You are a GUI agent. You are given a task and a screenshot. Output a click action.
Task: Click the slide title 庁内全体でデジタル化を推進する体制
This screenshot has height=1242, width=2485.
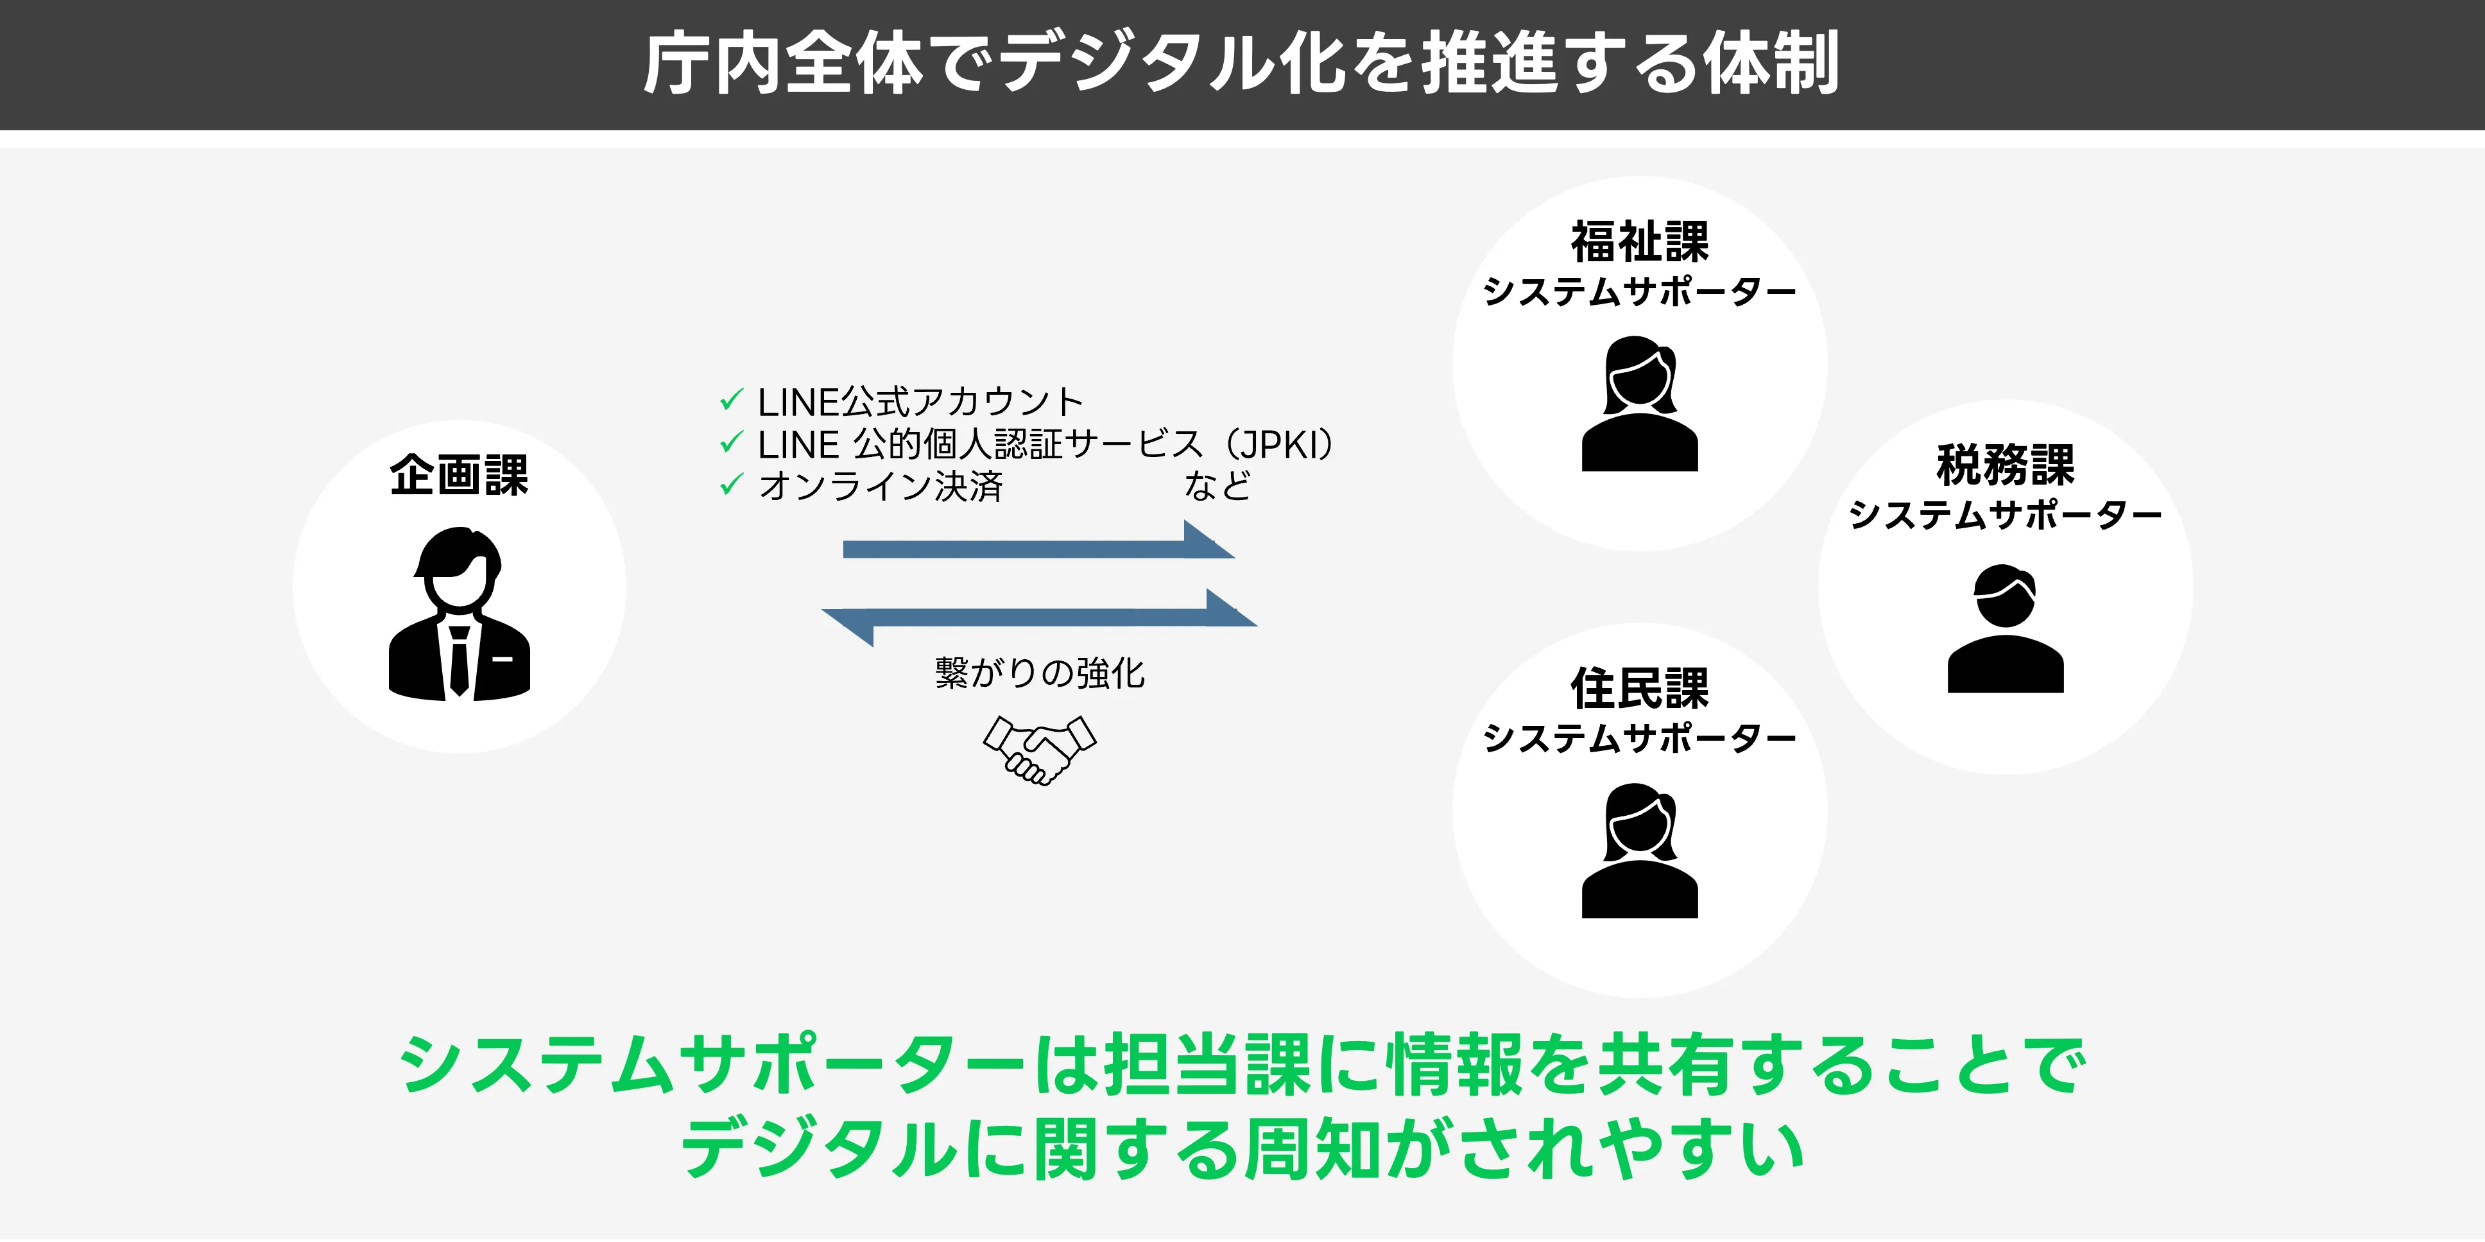point(1241,64)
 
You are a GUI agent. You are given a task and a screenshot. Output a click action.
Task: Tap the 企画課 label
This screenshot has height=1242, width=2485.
point(459,475)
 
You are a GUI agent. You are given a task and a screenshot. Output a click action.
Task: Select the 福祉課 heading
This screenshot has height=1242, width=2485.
point(1639,241)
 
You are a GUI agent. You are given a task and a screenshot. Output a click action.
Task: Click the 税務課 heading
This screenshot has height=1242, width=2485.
point(2004,465)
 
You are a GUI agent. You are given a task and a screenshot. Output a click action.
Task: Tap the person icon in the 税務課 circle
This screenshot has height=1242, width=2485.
point(2004,628)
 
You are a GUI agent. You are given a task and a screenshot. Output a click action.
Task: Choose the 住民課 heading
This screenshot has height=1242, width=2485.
point(1639,688)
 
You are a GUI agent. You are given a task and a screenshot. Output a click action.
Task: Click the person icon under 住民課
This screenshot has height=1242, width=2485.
point(1639,850)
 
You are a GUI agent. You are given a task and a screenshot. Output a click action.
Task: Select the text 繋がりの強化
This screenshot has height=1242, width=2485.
point(1039,673)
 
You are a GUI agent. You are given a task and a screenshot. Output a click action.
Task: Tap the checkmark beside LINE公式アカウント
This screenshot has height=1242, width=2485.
point(731,399)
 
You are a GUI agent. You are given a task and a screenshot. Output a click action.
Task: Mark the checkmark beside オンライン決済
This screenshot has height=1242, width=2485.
point(731,485)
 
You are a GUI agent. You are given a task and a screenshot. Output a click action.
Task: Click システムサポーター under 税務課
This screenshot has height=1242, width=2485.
point(2004,515)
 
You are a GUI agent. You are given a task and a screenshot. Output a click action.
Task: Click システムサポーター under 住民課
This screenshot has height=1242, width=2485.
point(1639,738)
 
